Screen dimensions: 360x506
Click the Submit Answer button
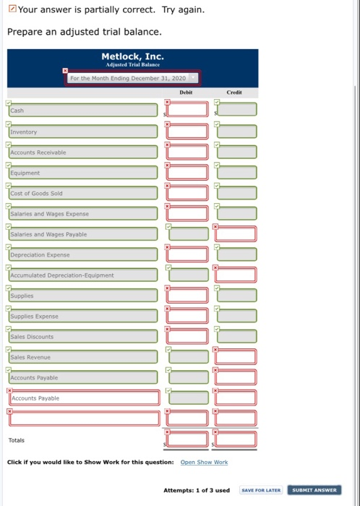(x=313, y=490)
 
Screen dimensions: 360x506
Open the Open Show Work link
(x=204, y=462)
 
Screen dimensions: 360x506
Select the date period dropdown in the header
(x=132, y=77)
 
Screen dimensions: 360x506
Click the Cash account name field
(x=83, y=111)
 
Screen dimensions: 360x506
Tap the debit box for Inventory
(x=189, y=132)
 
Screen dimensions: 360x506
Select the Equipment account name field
(x=83, y=173)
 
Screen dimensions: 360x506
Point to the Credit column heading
(x=235, y=93)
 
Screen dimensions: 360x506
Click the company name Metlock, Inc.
(x=133, y=56)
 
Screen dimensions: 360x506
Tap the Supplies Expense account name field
(x=83, y=317)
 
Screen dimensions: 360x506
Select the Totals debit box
(x=189, y=439)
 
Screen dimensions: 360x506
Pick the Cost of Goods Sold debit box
(x=189, y=193)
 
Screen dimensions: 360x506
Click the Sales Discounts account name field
(x=83, y=337)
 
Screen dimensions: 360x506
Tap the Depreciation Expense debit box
(x=189, y=254)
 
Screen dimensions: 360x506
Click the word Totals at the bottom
(x=16, y=440)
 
